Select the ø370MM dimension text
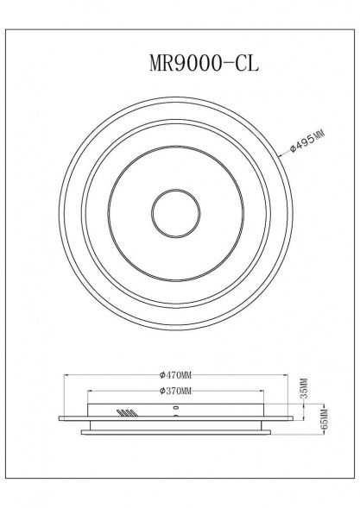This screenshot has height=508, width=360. pyautogui.click(x=176, y=392)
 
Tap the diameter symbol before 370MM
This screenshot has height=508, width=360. pyautogui.click(x=162, y=392)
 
